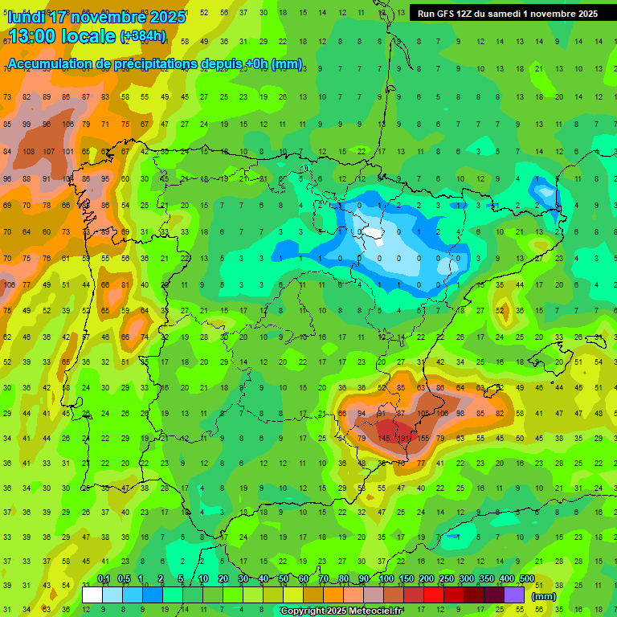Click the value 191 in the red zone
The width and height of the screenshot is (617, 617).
(x=405, y=438)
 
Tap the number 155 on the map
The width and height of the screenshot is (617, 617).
(x=424, y=438)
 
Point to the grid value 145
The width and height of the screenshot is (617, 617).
(x=386, y=438)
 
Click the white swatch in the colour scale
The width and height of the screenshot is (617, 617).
(x=92, y=595)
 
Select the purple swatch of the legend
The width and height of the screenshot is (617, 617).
(x=513, y=595)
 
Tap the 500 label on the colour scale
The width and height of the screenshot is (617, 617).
(x=527, y=579)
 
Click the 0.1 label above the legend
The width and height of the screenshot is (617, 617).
(x=104, y=579)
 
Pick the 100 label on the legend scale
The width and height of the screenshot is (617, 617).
(x=386, y=579)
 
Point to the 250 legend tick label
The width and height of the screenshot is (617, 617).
(x=447, y=579)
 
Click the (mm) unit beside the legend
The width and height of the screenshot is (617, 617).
(x=544, y=596)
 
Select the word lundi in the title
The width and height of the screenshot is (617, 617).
(x=27, y=17)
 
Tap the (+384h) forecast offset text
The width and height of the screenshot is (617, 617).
(x=143, y=36)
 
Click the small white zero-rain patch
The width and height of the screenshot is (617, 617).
(x=373, y=233)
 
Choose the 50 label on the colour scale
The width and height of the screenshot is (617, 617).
(x=284, y=579)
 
